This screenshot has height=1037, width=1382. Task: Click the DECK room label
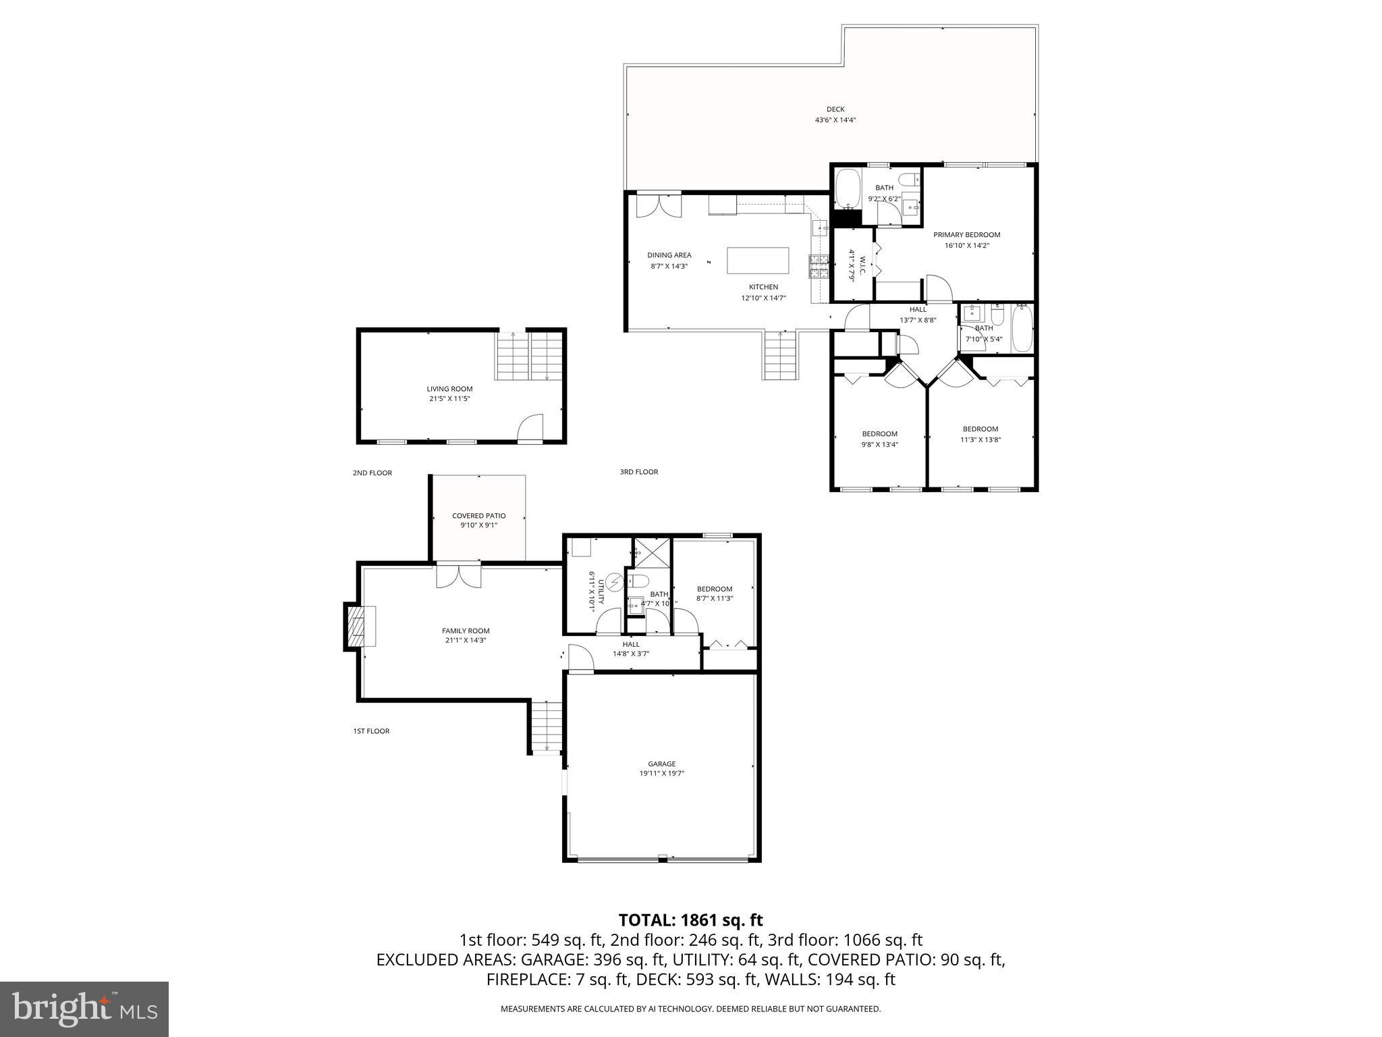(x=835, y=109)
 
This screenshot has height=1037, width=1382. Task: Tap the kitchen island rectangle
(x=757, y=261)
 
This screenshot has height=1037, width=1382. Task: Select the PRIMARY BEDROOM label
(x=966, y=235)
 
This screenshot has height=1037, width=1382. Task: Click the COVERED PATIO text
(x=478, y=516)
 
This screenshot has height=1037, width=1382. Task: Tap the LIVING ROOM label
(x=449, y=389)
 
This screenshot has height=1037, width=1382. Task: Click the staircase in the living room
(x=530, y=356)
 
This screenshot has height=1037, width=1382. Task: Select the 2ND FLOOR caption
(x=372, y=473)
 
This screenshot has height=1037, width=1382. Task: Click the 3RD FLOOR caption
(x=638, y=472)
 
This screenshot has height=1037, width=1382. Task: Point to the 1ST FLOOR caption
(x=371, y=731)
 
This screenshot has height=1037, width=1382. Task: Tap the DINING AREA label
(x=669, y=255)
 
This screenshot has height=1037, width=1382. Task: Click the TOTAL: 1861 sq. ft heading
(x=690, y=920)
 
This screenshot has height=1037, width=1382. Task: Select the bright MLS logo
(x=84, y=1009)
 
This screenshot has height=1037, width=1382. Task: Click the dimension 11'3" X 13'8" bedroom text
(x=980, y=440)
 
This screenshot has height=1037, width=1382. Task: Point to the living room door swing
(x=531, y=427)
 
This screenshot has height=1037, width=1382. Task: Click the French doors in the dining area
(x=659, y=205)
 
